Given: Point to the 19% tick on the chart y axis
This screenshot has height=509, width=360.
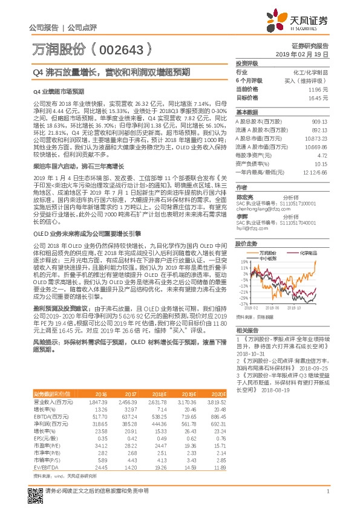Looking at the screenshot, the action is click(x=244, y=262).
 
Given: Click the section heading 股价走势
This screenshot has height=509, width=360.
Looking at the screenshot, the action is click(x=246, y=244).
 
